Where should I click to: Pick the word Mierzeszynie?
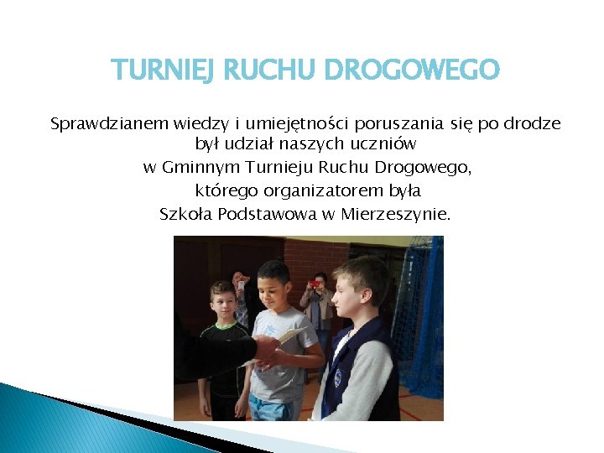click(x=396, y=213)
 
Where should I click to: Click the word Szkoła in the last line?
click(x=186, y=213)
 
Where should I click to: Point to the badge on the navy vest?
click(x=338, y=379)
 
